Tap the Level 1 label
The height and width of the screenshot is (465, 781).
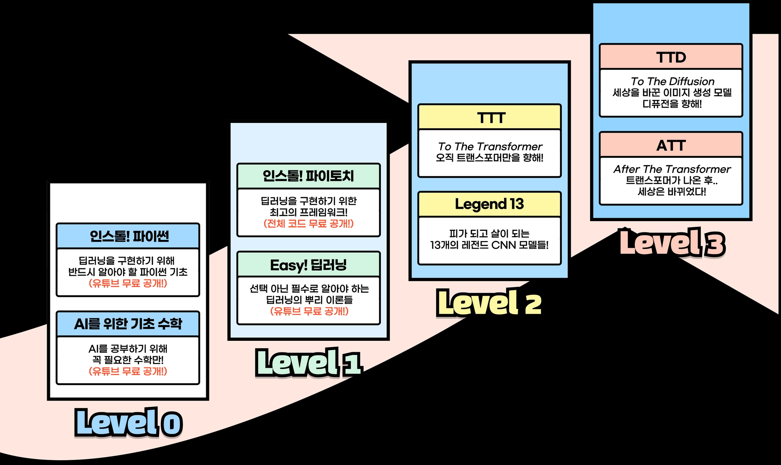point(308,362)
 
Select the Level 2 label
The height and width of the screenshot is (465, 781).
point(489,302)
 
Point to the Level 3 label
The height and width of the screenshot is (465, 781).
point(672,243)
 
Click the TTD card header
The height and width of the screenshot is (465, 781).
point(671,57)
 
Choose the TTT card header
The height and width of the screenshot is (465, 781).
point(490,117)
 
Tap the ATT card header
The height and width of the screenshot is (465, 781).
point(671,145)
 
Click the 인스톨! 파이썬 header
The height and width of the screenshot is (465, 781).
point(128,236)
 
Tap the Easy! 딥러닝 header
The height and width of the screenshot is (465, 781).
point(308,264)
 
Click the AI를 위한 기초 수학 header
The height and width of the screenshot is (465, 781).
point(128,324)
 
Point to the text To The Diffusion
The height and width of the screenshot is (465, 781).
point(673,81)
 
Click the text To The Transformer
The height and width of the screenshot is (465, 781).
point(490,146)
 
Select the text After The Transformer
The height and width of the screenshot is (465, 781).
point(672,169)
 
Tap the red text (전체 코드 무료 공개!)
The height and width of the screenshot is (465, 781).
point(308,223)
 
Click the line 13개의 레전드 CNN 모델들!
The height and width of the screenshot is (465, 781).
point(489,245)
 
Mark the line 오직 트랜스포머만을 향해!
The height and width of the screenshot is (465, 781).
point(490,158)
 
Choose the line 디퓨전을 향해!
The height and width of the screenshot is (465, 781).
point(672,104)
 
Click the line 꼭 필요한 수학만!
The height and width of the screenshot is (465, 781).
point(128,360)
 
